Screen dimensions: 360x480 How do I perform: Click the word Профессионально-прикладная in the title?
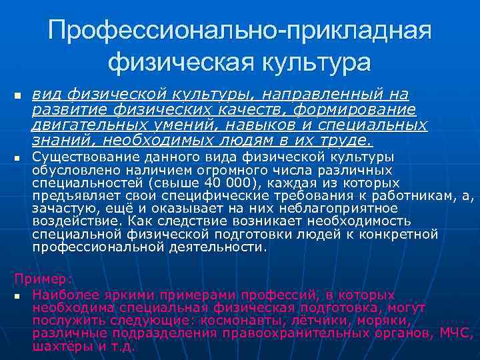pyautogui.click(x=240, y=30)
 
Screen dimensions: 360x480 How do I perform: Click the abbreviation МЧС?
pyautogui.click(x=457, y=333)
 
